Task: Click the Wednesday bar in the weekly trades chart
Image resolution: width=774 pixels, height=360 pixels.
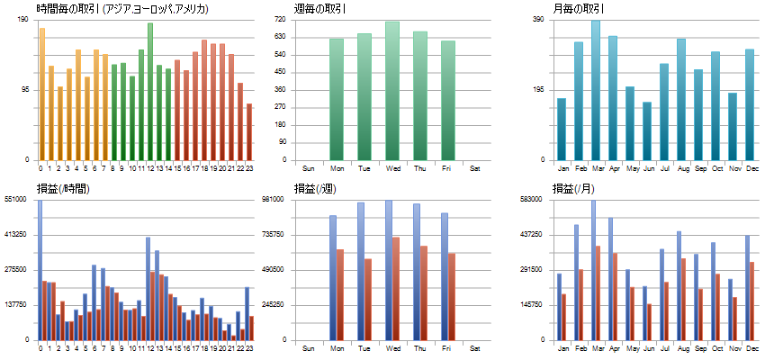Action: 392,90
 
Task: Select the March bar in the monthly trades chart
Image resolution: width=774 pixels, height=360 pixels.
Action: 596,90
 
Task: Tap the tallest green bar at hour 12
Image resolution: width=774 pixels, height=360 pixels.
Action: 150,90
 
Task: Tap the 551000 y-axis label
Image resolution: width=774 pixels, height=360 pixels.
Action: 17,199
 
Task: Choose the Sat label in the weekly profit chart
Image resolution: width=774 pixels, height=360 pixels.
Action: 475,347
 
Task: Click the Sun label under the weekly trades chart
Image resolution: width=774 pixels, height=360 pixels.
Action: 309,167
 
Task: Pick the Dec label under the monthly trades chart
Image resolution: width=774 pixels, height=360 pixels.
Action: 750,167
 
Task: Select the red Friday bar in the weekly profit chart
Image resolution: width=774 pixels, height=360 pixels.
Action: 452,296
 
